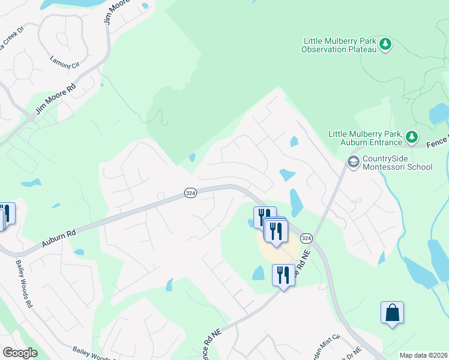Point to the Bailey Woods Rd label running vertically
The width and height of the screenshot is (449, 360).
[x=24, y=284]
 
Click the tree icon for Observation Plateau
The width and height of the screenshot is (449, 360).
[x=386, y=44]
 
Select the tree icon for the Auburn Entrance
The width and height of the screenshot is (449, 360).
[x=412, y=137]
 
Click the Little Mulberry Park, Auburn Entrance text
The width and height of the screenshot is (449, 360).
[x=365, y=138]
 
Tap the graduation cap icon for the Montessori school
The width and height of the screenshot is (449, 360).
[x=353, y=161]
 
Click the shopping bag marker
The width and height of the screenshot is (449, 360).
[x=392, y=313]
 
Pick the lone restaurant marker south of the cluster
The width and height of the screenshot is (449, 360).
[x=283, y=275]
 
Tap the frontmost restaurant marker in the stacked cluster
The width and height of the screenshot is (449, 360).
[x=276, y=231]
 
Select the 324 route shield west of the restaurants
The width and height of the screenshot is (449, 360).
[x=190, y=193]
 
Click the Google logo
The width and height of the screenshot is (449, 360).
[x=20, y=353]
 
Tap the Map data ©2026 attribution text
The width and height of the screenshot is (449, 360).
[x=423, y=355]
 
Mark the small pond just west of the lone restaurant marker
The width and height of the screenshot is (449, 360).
[x=259, y=274]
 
